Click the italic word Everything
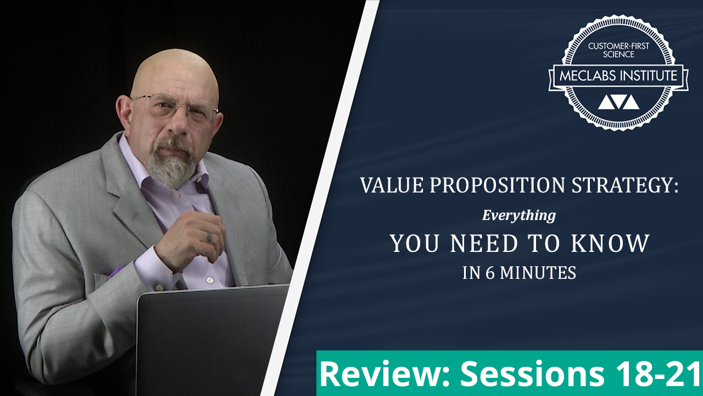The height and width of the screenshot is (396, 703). tap(519, 216)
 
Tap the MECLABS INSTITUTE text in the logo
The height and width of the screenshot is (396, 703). tap(618, 76)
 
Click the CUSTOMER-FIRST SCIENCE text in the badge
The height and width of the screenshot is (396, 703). tap(618, 50)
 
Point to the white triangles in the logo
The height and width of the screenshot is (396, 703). tap(618, 102)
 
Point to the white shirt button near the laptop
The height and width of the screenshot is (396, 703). tap(209, 280)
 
